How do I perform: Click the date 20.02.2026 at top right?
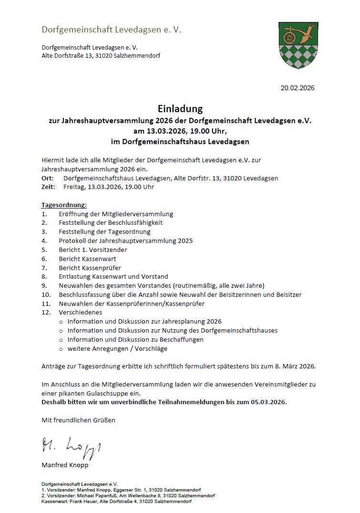pyautogui.click(x=298, y=88)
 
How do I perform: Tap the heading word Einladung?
pyautogui.click(x=180, y=109)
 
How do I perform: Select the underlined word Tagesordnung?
pyautogui.click(x=64, y=205)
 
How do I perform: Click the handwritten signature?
pyautogui.click(x=72, y=447)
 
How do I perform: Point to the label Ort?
pyautogui.click(x=48, y=178)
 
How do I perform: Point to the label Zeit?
pyautogui.click(x=48, y=187)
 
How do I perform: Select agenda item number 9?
pyautogui.click(x=44, y=285)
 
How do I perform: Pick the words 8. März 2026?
pyautogui.click(x=295, y=366)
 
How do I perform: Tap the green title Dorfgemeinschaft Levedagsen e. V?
pyautogui.click(x=111, y=30)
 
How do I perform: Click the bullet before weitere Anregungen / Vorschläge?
pyautogui.click(x=61, y=349)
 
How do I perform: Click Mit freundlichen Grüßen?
pyautogui.click(x=78, y=420)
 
